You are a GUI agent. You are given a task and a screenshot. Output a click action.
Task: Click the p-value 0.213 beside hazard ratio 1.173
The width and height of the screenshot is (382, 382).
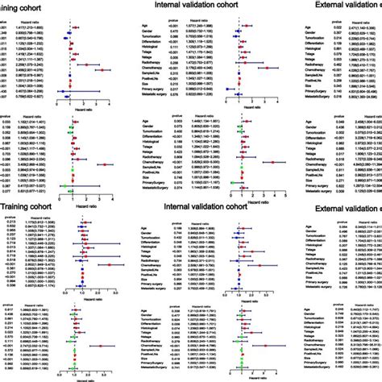click(6, 221)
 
